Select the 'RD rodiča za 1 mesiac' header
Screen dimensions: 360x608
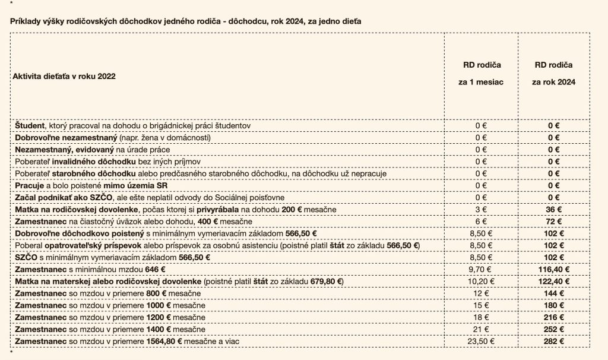click(481, 73)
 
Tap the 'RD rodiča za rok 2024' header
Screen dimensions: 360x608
click(553, 73)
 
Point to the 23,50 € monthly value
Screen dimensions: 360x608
click(481, 342)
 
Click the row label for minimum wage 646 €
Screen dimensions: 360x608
click(90, 269)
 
